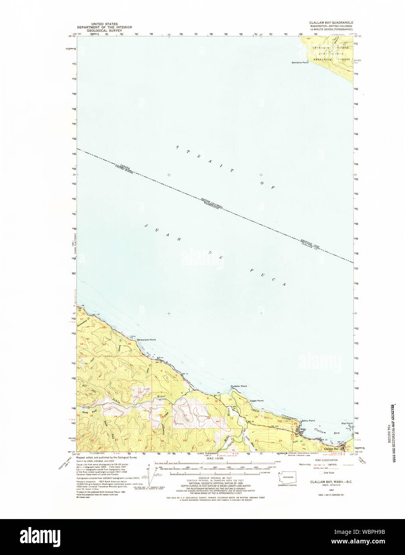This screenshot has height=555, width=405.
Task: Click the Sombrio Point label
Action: click(300, 63)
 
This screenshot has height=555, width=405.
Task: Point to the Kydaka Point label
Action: click(239, 386)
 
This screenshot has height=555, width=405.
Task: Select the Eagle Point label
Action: click(257, 400)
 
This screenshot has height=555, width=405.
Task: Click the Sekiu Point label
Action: click(308, 420)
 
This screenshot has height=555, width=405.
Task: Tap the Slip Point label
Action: click(347, 423)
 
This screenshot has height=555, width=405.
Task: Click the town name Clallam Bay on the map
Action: click(331, 449)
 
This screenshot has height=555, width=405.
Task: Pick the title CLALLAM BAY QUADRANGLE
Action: click(331, 23)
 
